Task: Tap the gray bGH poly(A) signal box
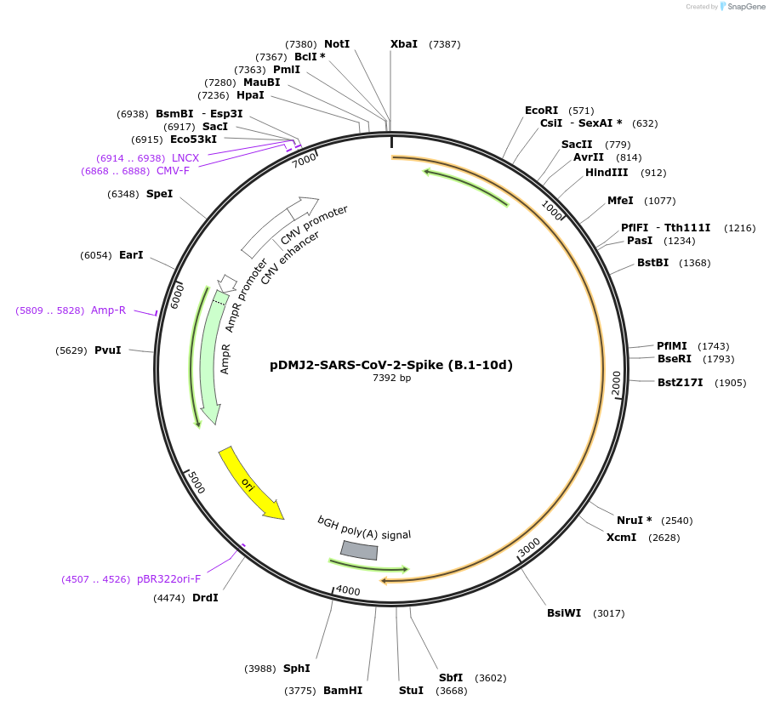click(359, 550)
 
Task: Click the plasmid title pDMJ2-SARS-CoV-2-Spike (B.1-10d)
click(391, 365)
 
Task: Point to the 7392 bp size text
click(391, 379)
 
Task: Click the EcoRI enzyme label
click(541, 111)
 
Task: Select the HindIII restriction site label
click(607, 173)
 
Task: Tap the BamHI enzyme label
click(343, 691)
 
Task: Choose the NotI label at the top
click(337, 44)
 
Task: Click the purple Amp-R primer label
click(108, 310)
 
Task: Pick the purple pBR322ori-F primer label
click(168, 579)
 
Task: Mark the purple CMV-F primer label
click(173, 171)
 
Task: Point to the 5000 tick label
click(197, 483)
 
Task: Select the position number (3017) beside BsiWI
click(609, 613)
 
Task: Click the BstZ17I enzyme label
click(681, 383)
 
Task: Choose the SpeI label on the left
click(159, 194)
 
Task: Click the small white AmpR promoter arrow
click(227, 282)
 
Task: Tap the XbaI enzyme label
click(404, 44)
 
